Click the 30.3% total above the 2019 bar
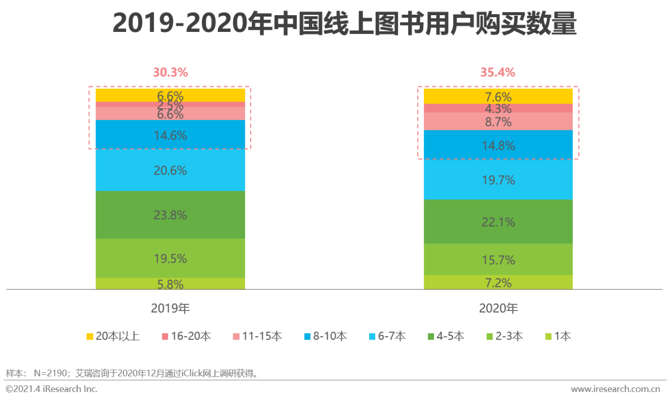pos(170,73)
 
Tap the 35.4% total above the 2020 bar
pos(498,73)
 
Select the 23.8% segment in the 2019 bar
pos(170,215)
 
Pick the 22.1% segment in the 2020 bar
pos(498,222)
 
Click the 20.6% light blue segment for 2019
pos(170,170)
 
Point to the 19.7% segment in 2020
pos(498,180)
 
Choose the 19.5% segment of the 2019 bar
pos(170,258)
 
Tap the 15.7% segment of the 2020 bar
pos(498,260)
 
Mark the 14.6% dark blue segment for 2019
pos(170,135)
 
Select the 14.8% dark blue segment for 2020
pos(498,145)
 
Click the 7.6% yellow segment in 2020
pos(498,96)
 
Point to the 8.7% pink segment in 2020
pos(498,121)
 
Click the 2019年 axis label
pos(170,309)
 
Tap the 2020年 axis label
pos(498,309)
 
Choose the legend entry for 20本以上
pos(113,336)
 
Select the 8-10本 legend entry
pos(326,336)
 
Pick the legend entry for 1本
pos(557,336)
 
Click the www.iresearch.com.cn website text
pos(615,389)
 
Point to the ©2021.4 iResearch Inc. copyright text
pos(51,389)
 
